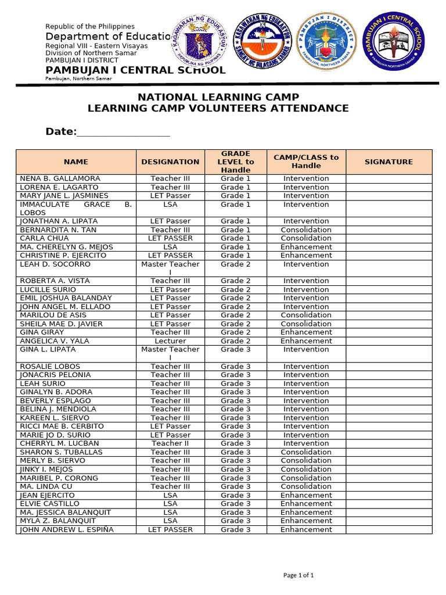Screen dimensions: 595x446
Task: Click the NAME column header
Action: click(76, 162)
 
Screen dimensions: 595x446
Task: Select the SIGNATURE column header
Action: click(389, 162)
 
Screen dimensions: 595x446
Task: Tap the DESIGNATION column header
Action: click(170, 162)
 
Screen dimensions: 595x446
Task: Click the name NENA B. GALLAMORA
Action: click(60, 178)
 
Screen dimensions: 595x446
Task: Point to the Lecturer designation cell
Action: click(170, 341)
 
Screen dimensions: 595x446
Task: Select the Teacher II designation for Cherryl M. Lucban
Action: click(170, 443)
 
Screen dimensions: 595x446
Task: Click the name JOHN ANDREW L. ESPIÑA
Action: click(67, 529)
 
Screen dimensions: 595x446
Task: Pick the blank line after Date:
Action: click(123, 133)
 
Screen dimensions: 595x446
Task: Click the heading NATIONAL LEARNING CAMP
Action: click(218, 97)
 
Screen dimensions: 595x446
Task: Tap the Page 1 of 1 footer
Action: click(298, 575)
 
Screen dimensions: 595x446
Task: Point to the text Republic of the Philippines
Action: click(90, 27)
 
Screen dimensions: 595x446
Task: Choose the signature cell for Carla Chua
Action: click(389, 238)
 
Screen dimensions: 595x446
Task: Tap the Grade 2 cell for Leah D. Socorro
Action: click(235, 264)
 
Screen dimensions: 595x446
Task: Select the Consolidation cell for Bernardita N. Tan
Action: click(306, 230)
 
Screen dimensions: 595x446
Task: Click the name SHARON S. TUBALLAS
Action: click(61, 452)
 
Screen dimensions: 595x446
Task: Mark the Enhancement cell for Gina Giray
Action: click(306, 332)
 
